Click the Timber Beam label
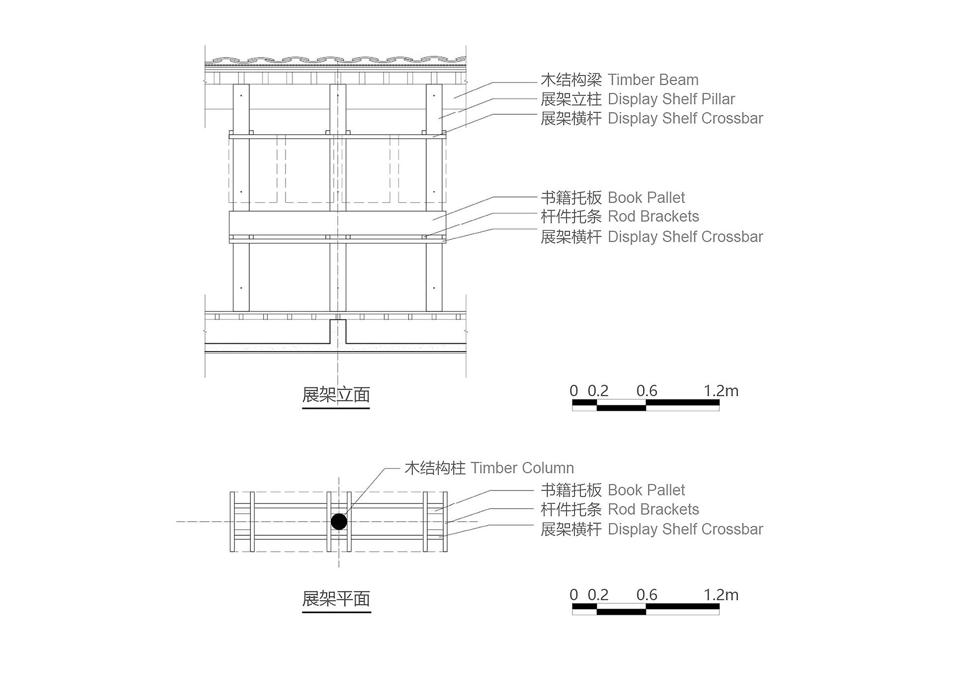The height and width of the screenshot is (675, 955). coord(653,80)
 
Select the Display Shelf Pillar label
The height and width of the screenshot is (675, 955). coord(671,99)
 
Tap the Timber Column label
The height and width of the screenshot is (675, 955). coord(522,468)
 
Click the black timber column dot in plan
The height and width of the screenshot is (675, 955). coord(339,522)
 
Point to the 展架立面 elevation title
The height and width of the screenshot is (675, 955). coord(336,395)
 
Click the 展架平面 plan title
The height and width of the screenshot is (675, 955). coord(336,598)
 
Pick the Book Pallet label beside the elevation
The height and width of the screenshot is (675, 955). coord(646,197)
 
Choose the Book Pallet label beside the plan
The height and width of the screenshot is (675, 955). coord(646,490)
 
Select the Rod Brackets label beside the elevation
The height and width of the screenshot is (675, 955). coord(654,216)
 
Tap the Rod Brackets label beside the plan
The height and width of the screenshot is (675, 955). coord(654,509)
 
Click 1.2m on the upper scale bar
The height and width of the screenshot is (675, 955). coord(721,391)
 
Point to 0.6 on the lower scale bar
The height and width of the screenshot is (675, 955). coord(647,595)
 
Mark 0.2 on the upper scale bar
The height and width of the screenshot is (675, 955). coord(598,391)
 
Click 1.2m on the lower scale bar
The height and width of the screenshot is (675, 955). coord(721,595)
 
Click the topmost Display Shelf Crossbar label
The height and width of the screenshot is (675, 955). coord(685,118)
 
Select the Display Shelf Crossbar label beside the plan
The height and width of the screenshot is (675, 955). coord(685,529)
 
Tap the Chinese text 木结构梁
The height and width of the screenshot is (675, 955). coord(572,80)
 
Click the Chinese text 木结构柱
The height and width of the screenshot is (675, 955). coord(435,468)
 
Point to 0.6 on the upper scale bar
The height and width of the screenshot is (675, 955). coord(647,391)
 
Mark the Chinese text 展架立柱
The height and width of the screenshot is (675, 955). coord(572,99)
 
